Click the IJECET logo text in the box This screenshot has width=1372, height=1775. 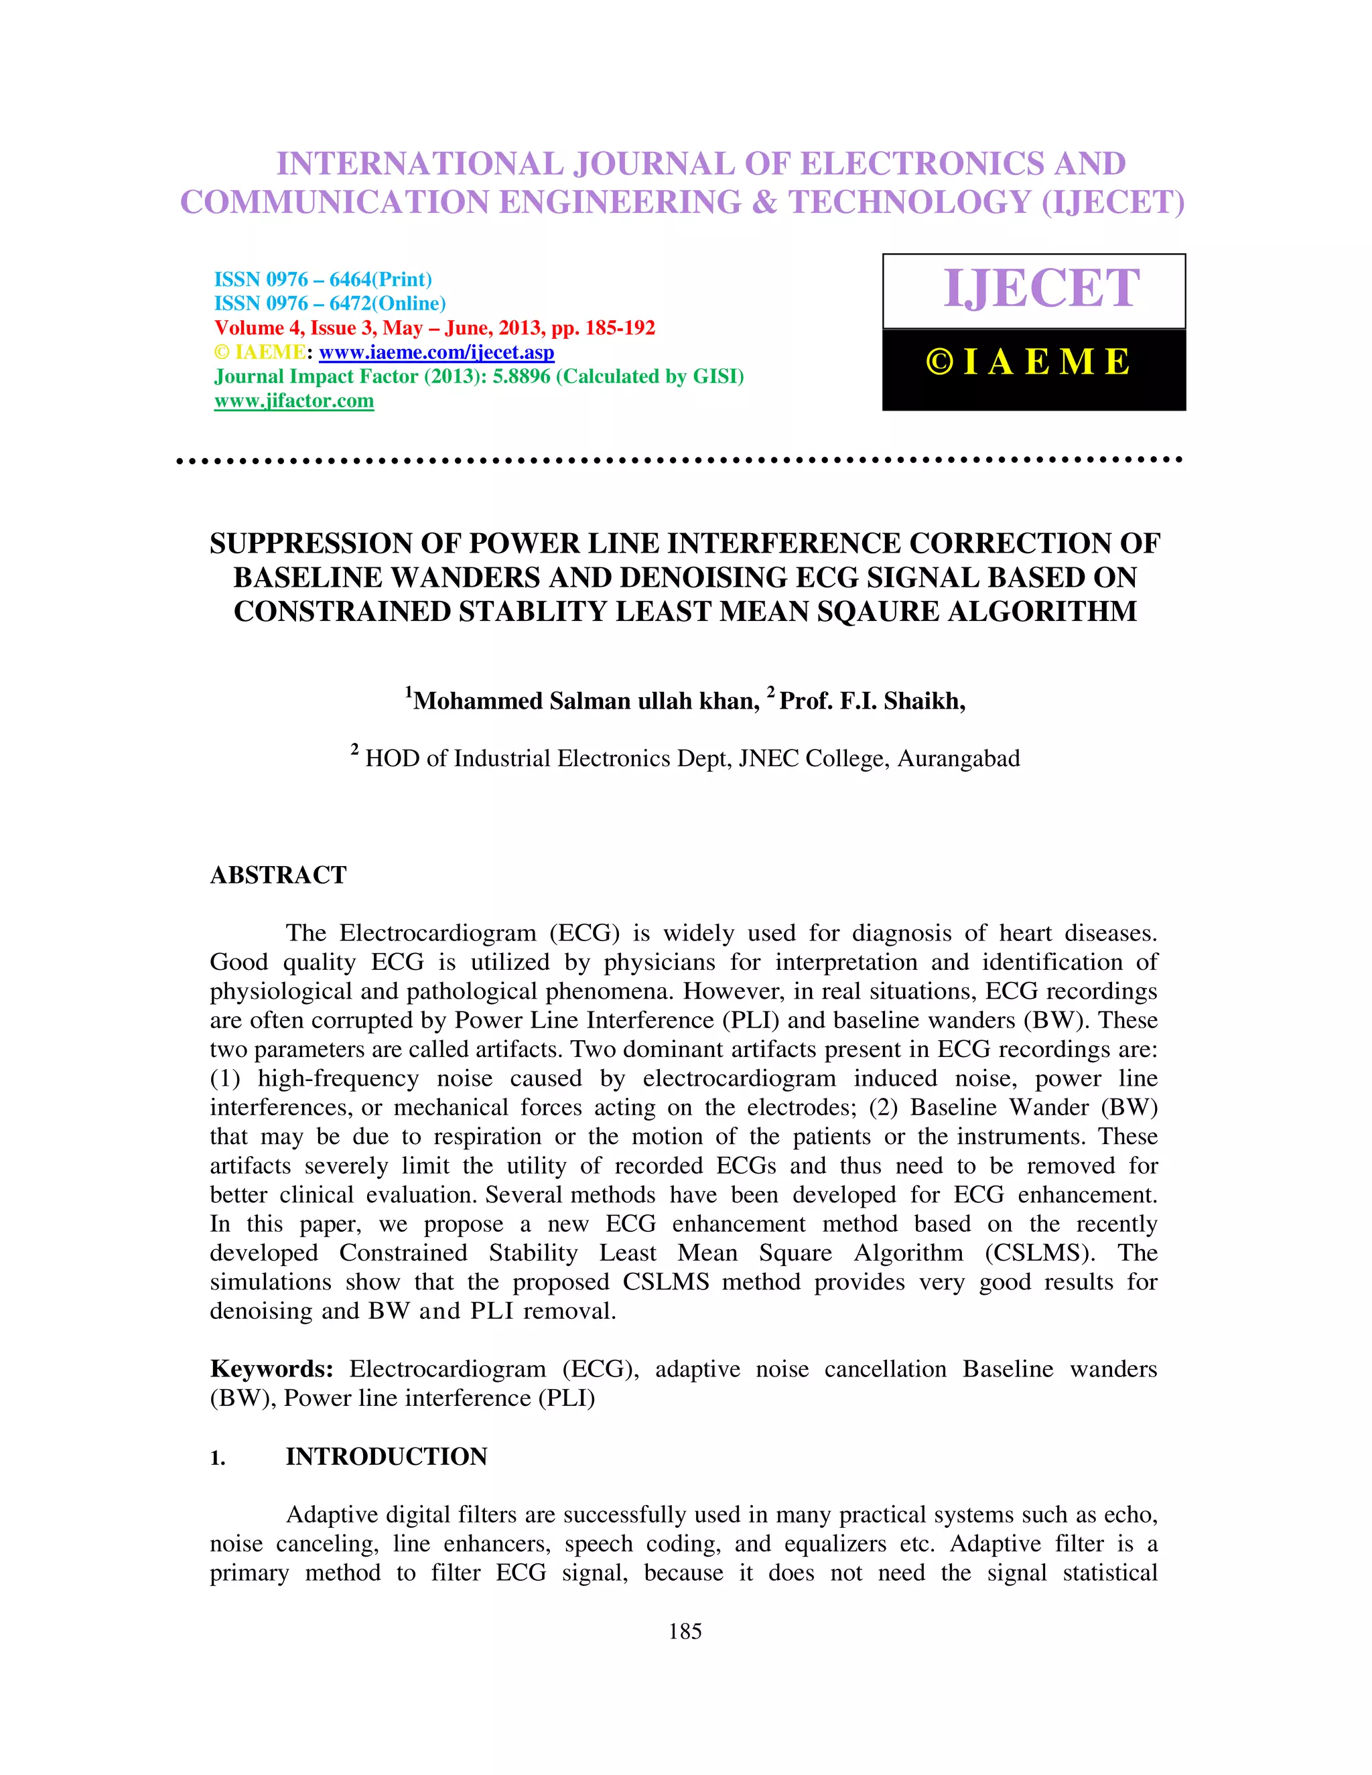click(x=1041, y=289)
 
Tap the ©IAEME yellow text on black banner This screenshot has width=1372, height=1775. click(x=1029, y=362)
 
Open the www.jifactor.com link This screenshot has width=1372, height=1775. click(x=294, y=401)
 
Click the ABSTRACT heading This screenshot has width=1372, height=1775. click(x=278, y=875)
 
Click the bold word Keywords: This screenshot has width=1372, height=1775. click(x=271, y=1368)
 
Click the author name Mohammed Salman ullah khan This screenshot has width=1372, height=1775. click(x=586, y=701)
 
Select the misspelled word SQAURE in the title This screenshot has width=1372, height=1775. click(x=878, y=611)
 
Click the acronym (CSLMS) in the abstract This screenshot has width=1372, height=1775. click(x=1040, y=1253)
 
